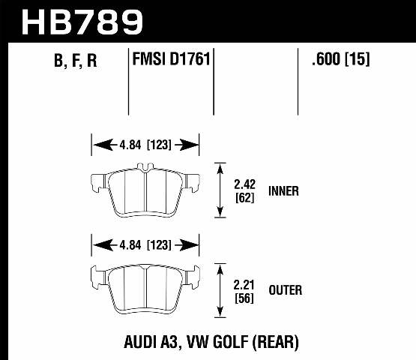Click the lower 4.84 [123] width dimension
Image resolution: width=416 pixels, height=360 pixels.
(x=145, y=244)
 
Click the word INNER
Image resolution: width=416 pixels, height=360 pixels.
(x=283, y=190)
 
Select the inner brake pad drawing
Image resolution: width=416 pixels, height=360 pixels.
(x=145, y=191)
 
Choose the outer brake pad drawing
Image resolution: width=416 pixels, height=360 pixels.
(x=145, y=289)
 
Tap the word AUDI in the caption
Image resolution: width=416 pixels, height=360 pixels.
(x=139, y=342)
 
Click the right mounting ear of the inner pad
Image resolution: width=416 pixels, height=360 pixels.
(x=191, y=181)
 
